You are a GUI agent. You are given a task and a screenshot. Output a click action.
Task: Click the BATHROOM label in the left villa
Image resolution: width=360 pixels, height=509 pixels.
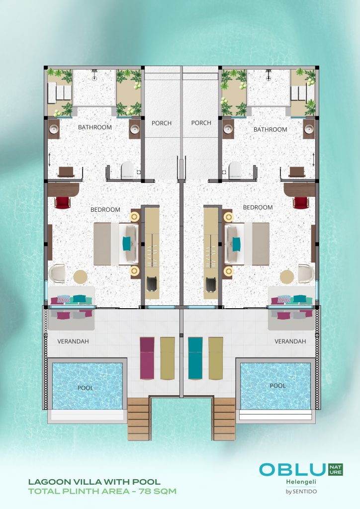coord(95,127)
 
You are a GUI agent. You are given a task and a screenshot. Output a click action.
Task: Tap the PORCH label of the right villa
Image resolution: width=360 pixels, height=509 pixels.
coord(201,123)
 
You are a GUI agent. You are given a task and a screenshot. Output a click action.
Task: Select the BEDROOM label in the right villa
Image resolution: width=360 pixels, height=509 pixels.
coord(258,207)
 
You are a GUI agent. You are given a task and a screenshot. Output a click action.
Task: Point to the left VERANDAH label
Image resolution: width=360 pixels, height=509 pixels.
coord(73,341)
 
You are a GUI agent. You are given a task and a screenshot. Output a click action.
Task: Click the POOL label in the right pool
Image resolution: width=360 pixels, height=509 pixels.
coord(278,386)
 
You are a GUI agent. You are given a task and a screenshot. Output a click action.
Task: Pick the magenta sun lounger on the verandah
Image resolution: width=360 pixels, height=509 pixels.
coord(147,358)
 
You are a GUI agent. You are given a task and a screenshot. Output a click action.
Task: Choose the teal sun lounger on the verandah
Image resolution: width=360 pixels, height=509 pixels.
coord(195,358)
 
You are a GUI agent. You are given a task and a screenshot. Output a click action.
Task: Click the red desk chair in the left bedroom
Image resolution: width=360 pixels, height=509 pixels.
coord(62,202)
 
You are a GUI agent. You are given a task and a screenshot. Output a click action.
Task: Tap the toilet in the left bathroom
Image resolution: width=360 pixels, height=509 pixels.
coord(127,170)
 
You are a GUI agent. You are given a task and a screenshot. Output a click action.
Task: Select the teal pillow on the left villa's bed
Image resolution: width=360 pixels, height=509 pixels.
coord(126,244)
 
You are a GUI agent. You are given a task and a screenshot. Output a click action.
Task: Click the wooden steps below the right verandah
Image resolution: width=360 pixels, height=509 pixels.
coord(224,419)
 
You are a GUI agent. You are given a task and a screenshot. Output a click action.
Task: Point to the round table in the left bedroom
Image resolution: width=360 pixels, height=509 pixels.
coord(80,276)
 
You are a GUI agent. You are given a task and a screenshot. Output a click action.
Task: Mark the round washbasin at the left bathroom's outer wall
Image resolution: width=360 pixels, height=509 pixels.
coord(54,129)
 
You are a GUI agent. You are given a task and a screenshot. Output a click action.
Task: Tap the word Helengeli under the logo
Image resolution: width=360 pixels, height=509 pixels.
coord(301,482)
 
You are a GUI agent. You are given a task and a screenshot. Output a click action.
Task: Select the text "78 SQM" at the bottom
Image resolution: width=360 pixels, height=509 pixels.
coord(158,491)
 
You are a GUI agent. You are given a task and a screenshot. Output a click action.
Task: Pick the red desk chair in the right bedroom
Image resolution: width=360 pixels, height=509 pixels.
coord(301,202)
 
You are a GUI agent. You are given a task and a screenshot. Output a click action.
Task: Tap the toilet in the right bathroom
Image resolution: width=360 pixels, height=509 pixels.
coord(235,170)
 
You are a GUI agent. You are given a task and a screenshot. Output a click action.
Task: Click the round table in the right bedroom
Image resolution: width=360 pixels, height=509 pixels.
coord(287,276)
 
